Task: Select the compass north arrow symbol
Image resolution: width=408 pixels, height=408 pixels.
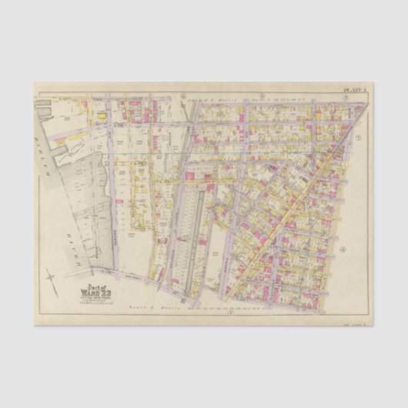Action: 52,278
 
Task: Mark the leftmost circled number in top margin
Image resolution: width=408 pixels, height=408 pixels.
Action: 184,95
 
